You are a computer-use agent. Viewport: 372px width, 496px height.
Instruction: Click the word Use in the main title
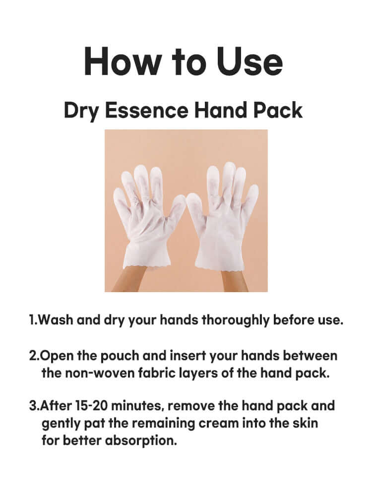tap(248, 62)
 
